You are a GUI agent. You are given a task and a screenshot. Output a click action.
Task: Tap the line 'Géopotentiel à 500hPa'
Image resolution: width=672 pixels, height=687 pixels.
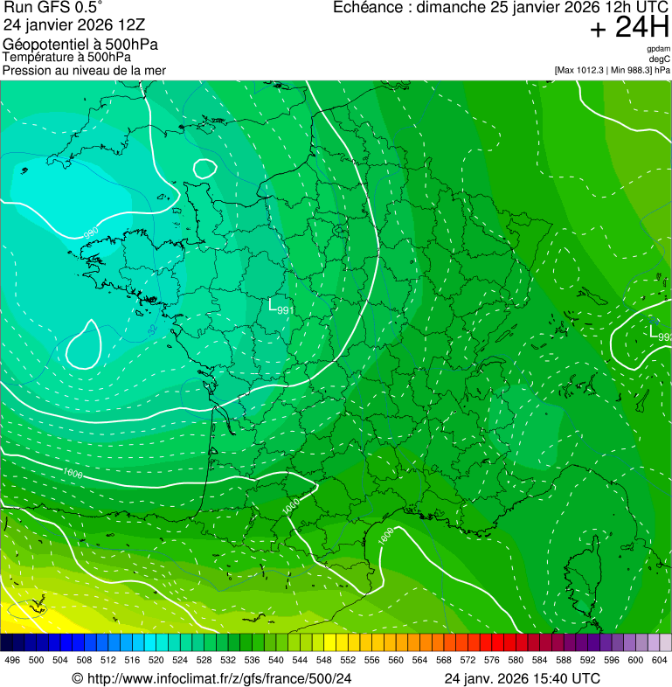(x=80, y=45)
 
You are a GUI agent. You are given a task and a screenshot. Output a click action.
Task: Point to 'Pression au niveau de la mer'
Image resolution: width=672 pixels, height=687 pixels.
(x=84, y=70)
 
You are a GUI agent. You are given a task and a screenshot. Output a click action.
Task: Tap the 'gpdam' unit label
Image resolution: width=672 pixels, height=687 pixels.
(x=659, y=49)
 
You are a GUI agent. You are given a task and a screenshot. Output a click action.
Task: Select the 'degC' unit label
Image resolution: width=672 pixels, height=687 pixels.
(x=660, y=59)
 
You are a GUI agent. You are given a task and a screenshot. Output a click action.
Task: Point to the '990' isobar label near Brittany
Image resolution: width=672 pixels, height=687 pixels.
(x=90, y=233)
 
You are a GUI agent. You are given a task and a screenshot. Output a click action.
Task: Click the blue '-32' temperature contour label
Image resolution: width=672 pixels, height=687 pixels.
(x=152, y=330)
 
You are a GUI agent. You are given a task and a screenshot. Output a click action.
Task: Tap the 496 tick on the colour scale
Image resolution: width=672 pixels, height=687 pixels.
(x=12, y=660)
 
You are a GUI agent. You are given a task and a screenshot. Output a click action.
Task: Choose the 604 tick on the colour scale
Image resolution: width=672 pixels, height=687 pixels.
(x=659, y=660)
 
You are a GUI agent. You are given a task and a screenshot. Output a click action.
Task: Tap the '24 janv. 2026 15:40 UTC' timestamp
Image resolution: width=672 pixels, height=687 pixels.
(x=522, y=677)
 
